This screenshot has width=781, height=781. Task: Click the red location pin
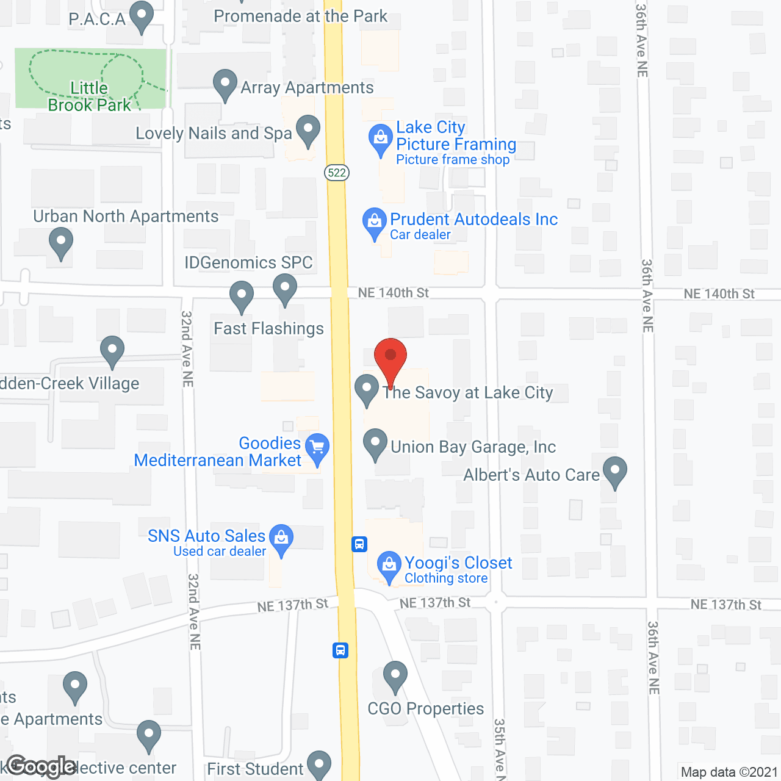pos(390,357)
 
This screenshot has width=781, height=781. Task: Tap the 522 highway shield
pos(336,173)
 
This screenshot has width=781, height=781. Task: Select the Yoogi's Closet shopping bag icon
pos(389,566)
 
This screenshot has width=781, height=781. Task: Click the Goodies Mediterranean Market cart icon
pos(317,447)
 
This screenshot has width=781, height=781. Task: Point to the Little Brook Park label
pos(89,96)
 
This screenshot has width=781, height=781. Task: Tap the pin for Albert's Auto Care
pos(615,471)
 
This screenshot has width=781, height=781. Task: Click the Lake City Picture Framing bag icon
pos(381,139)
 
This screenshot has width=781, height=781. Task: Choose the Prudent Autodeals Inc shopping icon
pos(374,222)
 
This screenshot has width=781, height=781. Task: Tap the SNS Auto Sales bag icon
pos(281,539)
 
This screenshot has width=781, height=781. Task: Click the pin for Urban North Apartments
pos(61,242)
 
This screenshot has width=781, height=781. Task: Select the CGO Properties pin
pos(395,675)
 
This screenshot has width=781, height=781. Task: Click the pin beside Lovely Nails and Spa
pos(308,129)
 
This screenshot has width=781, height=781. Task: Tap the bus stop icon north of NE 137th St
pos(359,544)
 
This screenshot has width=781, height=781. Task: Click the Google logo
pos(41,766)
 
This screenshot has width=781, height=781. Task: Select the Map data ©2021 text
pos(729,772)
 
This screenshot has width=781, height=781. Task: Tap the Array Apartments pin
pos(225,84)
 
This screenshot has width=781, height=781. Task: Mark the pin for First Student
pos(319,765)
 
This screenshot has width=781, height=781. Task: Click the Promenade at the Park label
pos(300,16)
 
